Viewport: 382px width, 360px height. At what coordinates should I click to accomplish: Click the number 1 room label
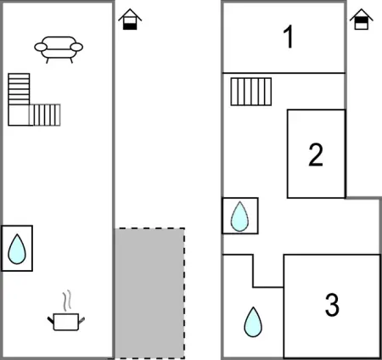289,37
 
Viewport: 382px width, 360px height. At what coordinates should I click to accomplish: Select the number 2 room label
316,155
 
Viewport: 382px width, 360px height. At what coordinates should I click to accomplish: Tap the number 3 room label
332,305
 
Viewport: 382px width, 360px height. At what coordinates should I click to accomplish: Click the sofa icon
59,49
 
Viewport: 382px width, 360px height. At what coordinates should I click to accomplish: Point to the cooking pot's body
66,322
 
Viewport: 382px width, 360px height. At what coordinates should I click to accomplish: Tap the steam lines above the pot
67,301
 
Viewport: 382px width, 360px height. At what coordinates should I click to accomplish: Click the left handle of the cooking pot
51,321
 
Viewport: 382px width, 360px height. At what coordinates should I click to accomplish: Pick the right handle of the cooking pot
81,321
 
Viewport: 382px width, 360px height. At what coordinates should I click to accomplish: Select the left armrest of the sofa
41,47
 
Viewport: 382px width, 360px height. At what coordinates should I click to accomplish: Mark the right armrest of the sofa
76,47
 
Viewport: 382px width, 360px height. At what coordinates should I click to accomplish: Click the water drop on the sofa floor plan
17,249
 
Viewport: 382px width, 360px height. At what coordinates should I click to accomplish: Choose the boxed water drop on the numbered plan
239,217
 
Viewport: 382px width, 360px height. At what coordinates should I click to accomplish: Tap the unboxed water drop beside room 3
253,322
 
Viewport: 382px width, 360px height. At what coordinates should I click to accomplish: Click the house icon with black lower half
130,20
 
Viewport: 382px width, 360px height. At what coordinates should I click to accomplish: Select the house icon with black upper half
362,20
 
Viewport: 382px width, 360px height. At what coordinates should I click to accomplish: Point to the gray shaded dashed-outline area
149,293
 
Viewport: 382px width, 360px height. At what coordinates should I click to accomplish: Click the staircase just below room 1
251,92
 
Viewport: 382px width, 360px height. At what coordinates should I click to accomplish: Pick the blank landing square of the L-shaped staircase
19,115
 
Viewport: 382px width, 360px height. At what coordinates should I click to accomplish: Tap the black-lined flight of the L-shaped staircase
19,89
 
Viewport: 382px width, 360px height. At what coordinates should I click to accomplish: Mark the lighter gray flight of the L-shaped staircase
45,115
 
